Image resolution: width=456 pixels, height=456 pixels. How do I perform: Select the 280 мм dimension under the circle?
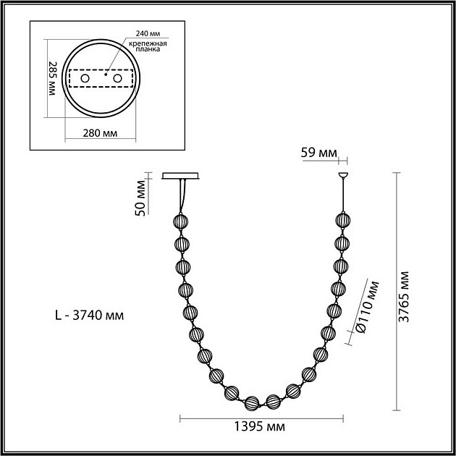click(100, 134)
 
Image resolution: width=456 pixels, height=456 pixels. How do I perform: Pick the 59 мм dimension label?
click(318, 153)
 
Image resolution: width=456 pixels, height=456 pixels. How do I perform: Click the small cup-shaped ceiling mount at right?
click(343, 175)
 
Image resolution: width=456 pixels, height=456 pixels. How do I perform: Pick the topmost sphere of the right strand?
click(343, 219)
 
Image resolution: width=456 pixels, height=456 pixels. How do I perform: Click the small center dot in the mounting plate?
click(105, 74)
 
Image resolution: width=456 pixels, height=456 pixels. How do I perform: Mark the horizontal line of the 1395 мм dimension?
click(261, 418)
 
